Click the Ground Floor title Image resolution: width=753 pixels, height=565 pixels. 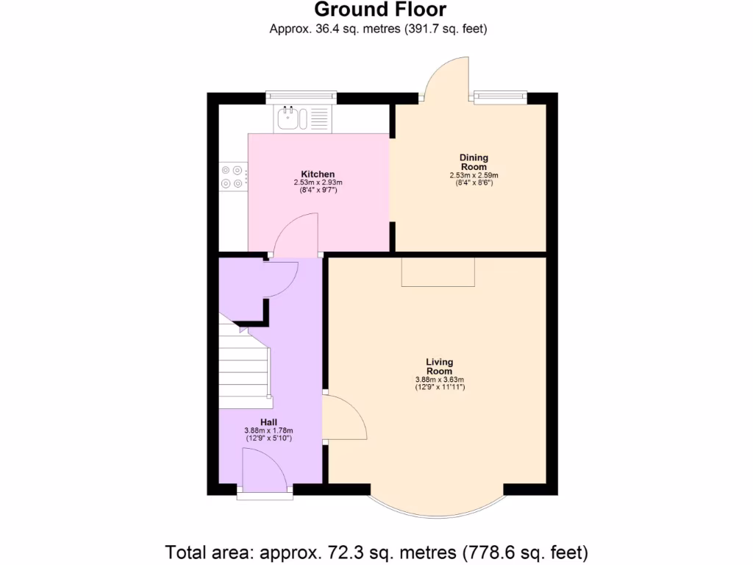pos(379,10)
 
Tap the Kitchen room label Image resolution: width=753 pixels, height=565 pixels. pos(318,174)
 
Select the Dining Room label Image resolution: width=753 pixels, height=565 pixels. pos(474,162)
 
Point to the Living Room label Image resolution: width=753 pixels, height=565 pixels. pos(439,366)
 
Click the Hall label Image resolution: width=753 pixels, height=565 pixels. pos(268,422)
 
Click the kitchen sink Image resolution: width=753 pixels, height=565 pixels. pos(288,118)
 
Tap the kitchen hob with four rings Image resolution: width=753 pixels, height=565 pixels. pos(232,177)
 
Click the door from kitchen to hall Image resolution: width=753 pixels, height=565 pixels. pos(296,235)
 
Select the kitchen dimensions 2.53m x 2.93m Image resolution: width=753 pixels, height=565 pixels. pos(318,182)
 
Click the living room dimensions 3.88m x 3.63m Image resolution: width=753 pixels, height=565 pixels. pos(439,380)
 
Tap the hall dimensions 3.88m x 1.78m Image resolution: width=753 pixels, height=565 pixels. pos(268,430)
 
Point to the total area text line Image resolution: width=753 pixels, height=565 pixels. pos(376,551)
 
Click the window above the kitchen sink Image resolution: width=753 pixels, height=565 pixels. pos(301,94)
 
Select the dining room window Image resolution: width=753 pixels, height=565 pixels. pos(501,94)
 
